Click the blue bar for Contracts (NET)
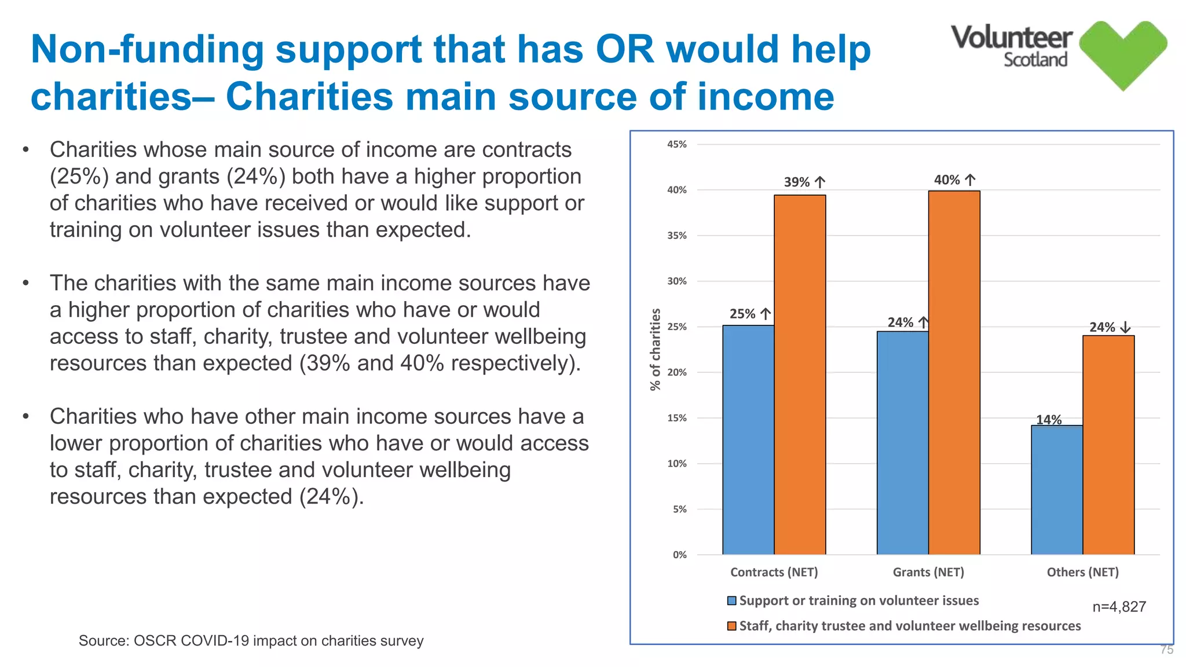click(748, 440)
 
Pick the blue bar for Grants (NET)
click(902, 443)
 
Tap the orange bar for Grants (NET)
click(954, 373)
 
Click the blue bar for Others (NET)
click(1056, 490)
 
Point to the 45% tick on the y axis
click(677, 144)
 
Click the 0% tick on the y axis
click(680, 555)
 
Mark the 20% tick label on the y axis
click(677, 372)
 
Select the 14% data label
click(1049, 420)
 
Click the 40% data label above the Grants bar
click(947, 180)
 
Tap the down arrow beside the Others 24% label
click(1125, 327)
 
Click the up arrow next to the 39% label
click(820, 182)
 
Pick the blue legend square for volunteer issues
click(732, 601)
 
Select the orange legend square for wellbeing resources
click(732, 626)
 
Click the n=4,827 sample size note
click(1119, 607)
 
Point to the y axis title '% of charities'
click(655, 349)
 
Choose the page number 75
click(1166, 650)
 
